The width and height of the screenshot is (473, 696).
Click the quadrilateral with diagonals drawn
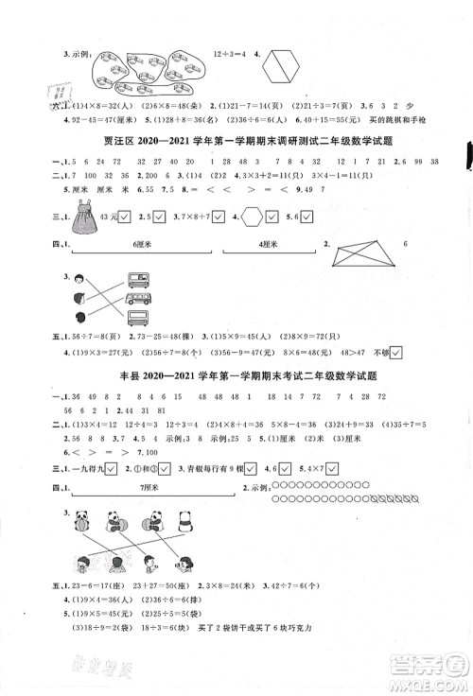(362, 252)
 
